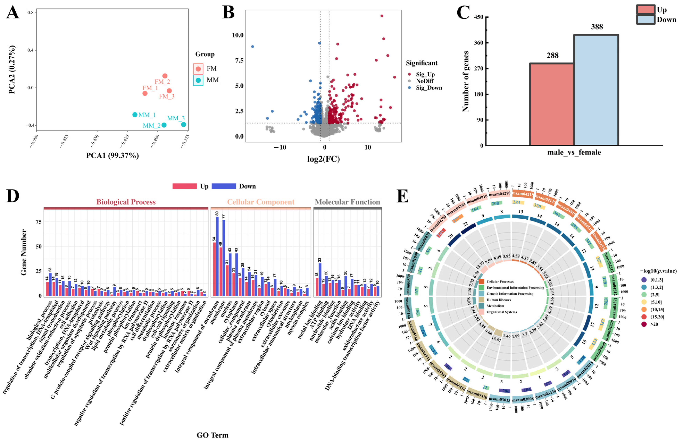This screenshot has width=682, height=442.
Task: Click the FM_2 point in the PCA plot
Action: click(x=165, y=76)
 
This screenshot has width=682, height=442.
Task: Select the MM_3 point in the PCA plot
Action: click(x=183, y=124)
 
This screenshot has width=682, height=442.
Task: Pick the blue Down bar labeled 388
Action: click(x=596, y=90)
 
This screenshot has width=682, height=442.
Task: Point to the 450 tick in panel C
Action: click(x=479, y=17)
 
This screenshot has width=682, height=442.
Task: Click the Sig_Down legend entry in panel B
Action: click(x=429, y=88)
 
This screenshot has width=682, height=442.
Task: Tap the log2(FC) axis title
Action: click(x=323, y=159)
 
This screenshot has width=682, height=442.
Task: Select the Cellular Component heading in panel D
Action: click(x=261, y=202)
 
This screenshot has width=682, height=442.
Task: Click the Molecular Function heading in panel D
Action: click(x=347, y=202)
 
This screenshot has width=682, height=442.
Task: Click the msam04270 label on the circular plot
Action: click(x=499, y=194)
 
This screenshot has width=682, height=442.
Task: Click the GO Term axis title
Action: click(x=212, y=435)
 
